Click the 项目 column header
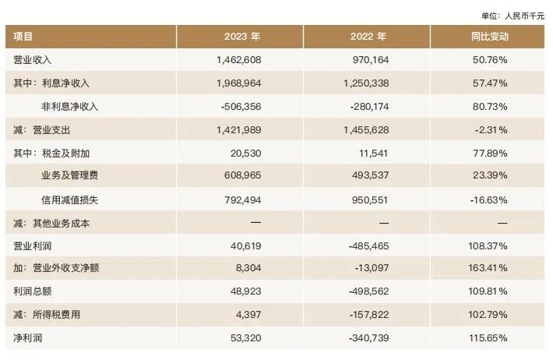pos(23,37)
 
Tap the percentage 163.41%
pos(488,270)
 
